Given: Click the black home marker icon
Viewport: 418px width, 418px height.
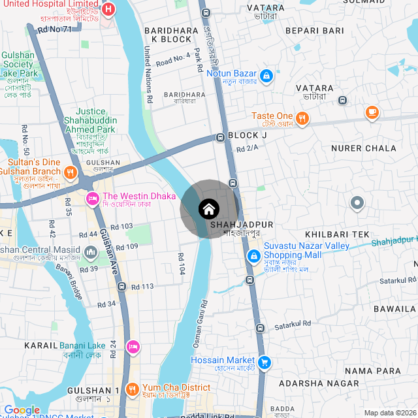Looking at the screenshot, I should pyautogui.click(x=208, y=209).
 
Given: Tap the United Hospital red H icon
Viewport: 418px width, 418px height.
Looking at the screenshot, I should pyautogui.click(x=109, y=10).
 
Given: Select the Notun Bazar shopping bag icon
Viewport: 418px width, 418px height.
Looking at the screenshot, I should pyautogui.click(x=266, y=76).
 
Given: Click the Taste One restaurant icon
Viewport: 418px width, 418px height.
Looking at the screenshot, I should pyautogui.click(x=302, y=118).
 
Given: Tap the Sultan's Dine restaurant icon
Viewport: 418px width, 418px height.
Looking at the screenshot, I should pyautogui.click(x=71, y=174).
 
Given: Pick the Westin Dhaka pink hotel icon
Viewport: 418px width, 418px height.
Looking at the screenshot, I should pyautogui.click(x=93, y=197).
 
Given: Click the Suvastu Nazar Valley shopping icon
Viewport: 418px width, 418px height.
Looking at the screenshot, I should pyautogui.click(x=253, y=255).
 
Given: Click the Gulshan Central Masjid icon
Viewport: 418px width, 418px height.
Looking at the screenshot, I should pyautogui.click(x=91, y=251).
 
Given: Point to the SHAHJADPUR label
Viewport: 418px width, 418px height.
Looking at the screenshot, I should pyautogui.click(x=242, y=224).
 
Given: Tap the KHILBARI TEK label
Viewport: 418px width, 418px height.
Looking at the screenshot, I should pyautogui.click(x=337, y=234).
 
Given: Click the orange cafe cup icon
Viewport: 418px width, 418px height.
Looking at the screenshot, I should pyautogui.click(x=372, y=112).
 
